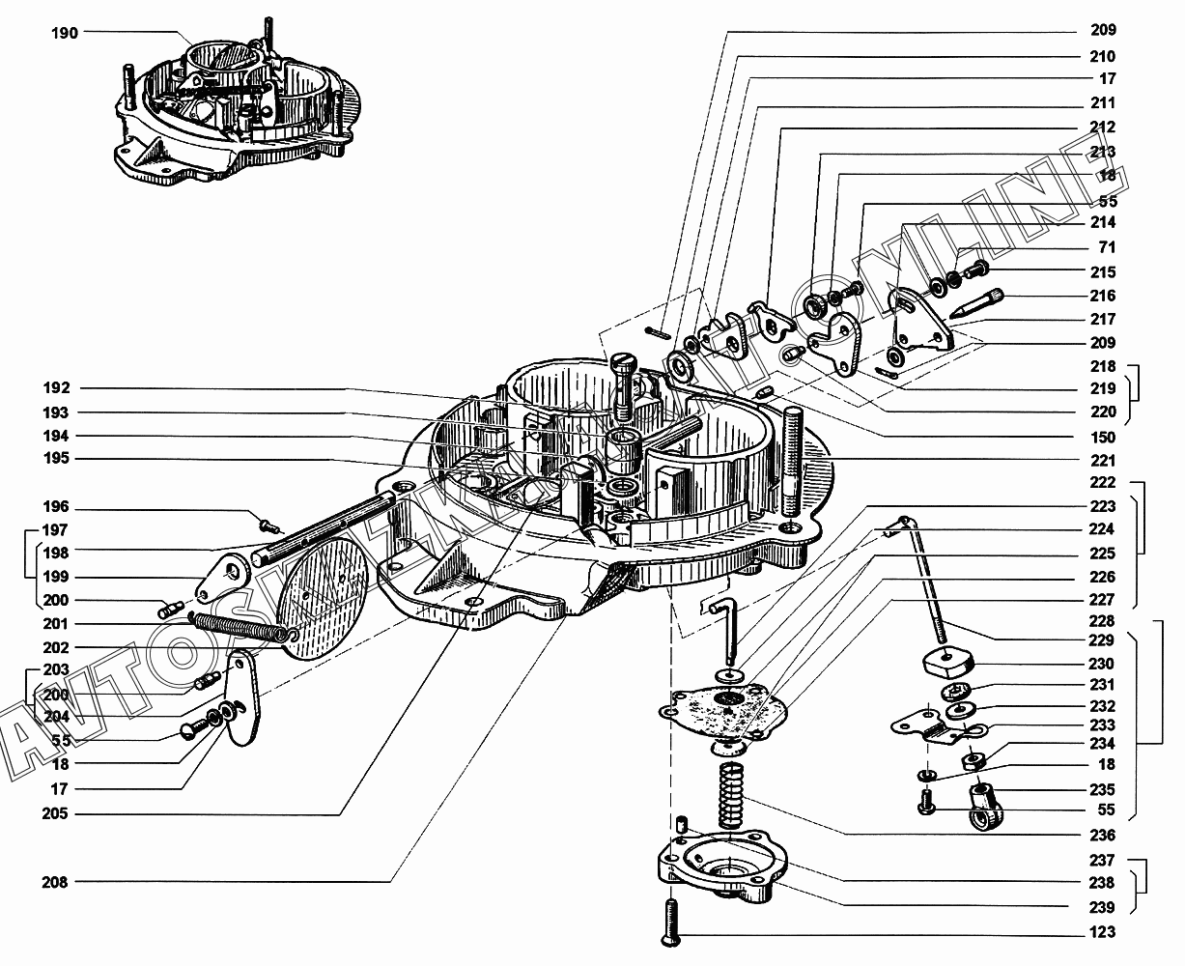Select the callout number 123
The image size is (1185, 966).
(x=1101, y=932)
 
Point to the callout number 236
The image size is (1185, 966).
(x=1101, y=836)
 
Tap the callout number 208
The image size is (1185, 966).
(x=55, y=882)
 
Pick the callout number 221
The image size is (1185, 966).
(x=1101, y=461)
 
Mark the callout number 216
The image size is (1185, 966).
(x=1101, y=296)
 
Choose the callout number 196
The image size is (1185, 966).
(x=55, y=507)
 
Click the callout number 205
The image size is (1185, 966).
(x=55, y=814)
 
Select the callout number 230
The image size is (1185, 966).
(x=1101, y=664)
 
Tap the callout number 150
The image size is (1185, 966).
(x=1101, y=438)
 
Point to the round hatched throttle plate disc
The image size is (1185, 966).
(x=319, y=599)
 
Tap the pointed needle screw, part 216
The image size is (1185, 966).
(x=977, y=302)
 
